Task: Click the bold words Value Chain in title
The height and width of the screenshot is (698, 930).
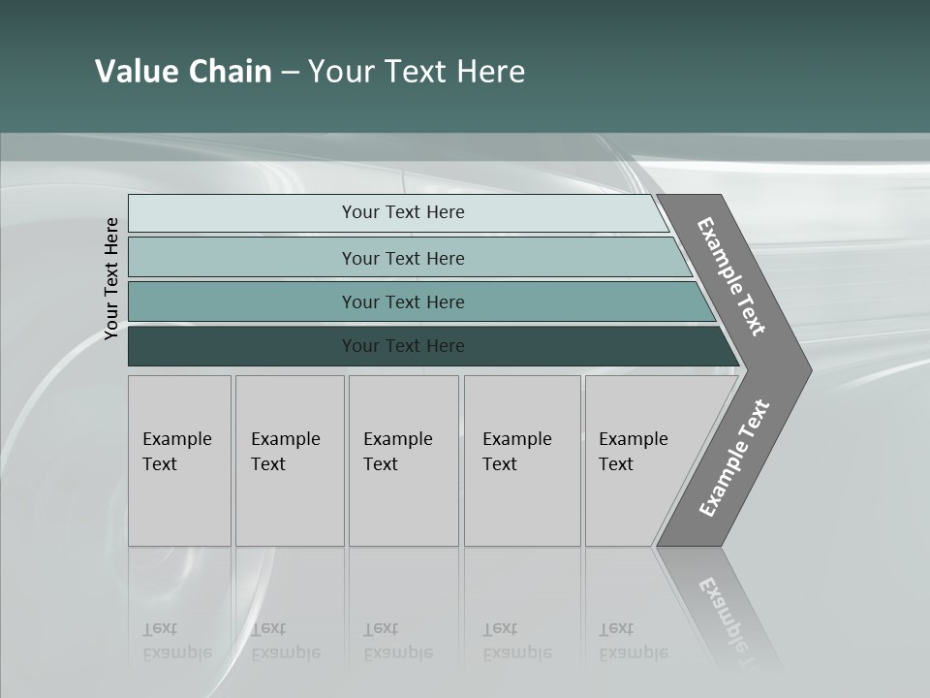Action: point(183,72)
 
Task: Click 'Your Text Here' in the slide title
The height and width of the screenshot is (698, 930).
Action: point(417,72)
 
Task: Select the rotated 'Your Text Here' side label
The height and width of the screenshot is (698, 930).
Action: point(112,278)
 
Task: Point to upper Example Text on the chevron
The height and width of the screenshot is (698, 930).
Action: point(731,276)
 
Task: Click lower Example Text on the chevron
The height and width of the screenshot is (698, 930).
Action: point(734,459)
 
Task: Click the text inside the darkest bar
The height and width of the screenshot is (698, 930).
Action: point(403,346)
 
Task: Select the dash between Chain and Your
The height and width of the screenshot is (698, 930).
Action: point(290,73)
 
